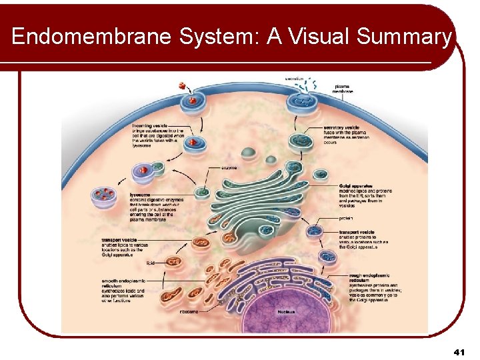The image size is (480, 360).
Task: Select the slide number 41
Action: (458, 351)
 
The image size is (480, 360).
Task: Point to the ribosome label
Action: (189, 311)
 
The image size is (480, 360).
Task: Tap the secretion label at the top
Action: (294, 79)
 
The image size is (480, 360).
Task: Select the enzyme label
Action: (229, 167)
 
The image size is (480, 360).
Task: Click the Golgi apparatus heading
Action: (355, 185)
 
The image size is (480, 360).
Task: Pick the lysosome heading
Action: (140, 195)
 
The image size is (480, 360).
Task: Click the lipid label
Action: (150, 263)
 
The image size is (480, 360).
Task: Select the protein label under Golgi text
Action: (347, 217)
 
